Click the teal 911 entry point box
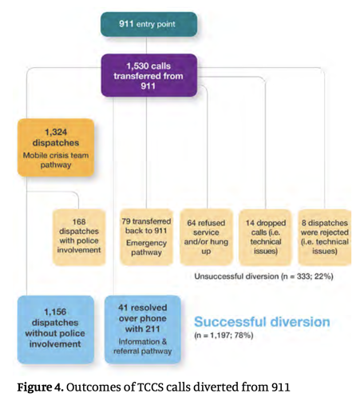click(x=148, y=24)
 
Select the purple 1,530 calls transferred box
click(x=149, y=75)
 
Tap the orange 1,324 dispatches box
click(x=56, y=148)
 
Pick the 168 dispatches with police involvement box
click(x=79, y=237)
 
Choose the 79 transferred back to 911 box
click(x=147, y=237)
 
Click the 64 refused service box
click(x=206, y=237)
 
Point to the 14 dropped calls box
click(x=266, y=237)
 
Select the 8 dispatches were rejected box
click(x=325, y=237)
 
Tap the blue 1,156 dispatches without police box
click(x=56, y=329)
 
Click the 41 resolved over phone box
click(x=143, y=329)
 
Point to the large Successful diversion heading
click(x=262, y=322)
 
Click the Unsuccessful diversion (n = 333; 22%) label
click(x=263, y=276)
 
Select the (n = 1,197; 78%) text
click(x=224, y=335)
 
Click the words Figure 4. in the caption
click(x=41, y=387)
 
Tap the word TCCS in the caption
click(x=150, y=387)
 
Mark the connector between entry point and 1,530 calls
click(x=147, y=46)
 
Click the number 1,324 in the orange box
click(x=56, y=132)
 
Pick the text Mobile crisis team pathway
click(x=56, y=160)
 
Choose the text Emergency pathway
click(x=147, y=248)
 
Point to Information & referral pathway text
click(x=143, y=346)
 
